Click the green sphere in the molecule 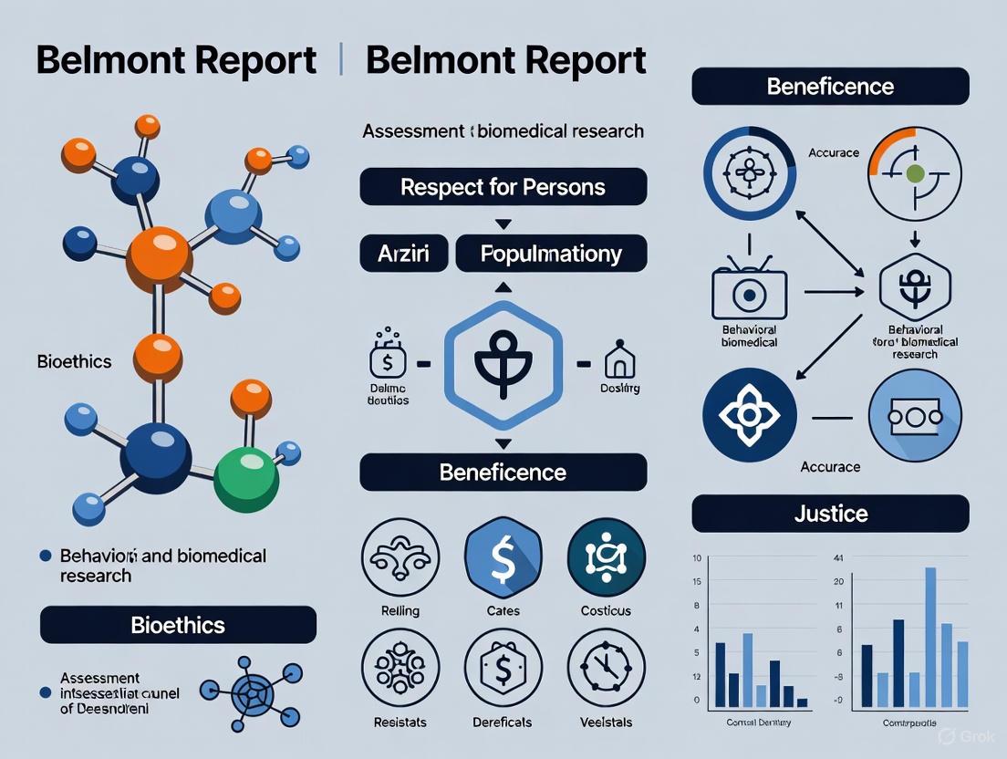point(244,476)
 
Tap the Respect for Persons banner point(503,187)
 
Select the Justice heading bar point(830,514)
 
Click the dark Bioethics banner point(178,625)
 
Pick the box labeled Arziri point(402,254)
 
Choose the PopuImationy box point(551,254)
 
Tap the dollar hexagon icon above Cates point(503,558)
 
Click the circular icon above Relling point(400,558)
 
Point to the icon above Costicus point(606,558)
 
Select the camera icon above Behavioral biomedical point(748,294)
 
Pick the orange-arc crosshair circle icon point(915,172)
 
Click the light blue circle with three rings point(915,415)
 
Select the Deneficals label point(503,722)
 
